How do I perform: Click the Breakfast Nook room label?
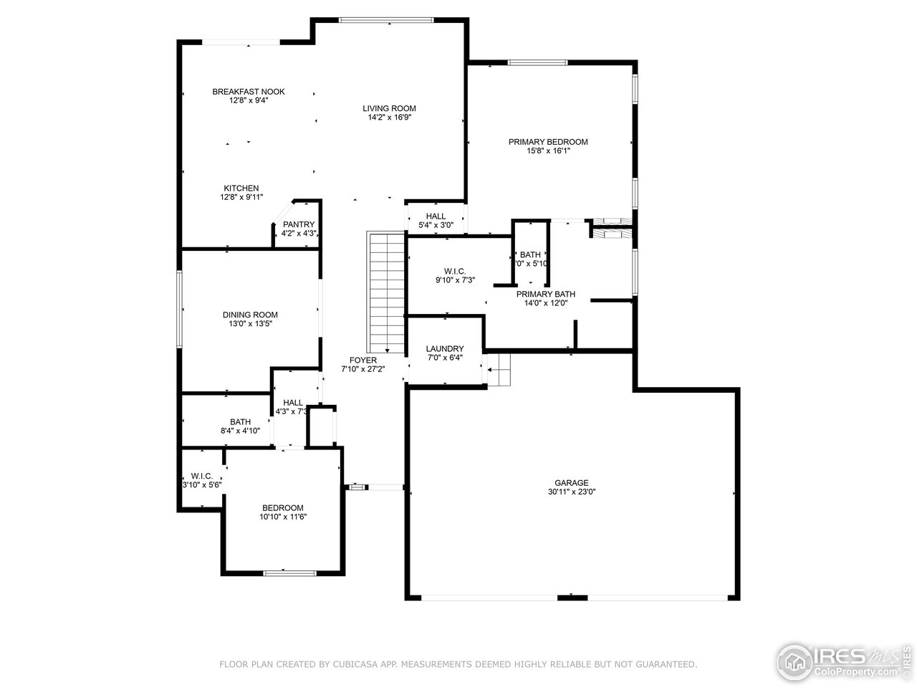pyautogui.click(x=248, y=92)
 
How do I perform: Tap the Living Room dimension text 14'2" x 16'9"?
pyautogui.click(x=389, y=117)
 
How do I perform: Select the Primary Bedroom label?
pyautogui.click(x=548, y=142)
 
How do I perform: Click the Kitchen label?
pyautogui.click(x=241, y=188)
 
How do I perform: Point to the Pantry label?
pyautogui.click(x=299, y=224)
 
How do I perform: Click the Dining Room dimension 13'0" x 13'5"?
pyautogui.click(x=250, y=324)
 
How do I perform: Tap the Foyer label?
pyautogui.click(x=363, y=360)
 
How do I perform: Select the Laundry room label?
pyautogui.click(x=444, y=349)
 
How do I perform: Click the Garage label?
pyautogui.click(x=571, y=483)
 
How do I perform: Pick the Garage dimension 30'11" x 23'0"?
pyautogui.click(x=571, y=492)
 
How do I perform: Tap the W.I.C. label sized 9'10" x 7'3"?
pyautogui.click(x=455, y=271)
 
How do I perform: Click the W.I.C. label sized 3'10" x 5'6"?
pyautogui.click(x=201, y=476)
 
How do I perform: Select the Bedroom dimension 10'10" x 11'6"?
pyautogui.click(x=282, y=517)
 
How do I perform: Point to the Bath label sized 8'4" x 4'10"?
pyautogui.click(x=240, y=422)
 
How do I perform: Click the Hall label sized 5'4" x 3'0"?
pyautogui.click(x=436, y=216)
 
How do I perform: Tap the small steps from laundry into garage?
pyautogui.click(x=500, y=370)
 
